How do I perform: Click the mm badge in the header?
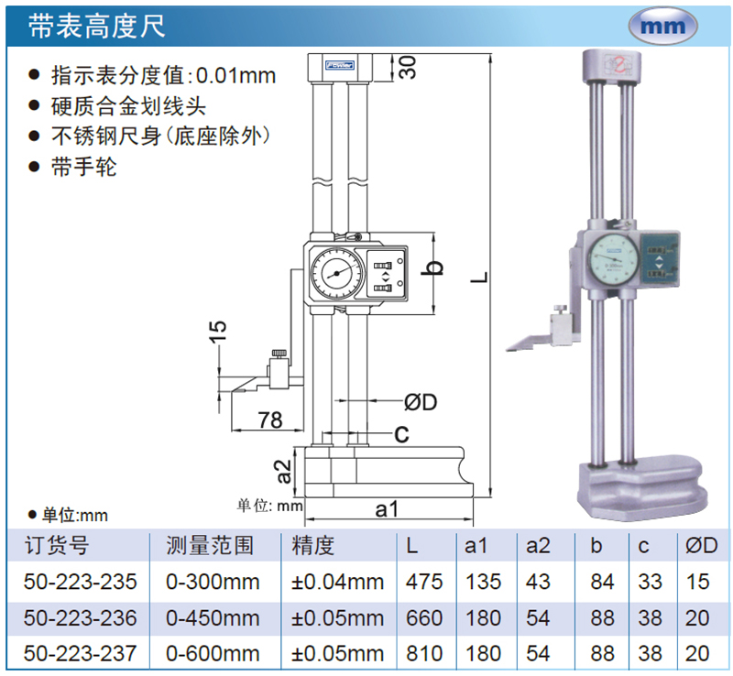coord(662,26)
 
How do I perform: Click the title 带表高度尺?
coord(97,26)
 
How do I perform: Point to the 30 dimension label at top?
coord(408,67)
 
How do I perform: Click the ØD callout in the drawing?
coord(421,402)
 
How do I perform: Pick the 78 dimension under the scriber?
coord(270,420)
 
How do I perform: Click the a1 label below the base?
coord(387,508)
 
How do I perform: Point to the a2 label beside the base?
coord(284,471)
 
